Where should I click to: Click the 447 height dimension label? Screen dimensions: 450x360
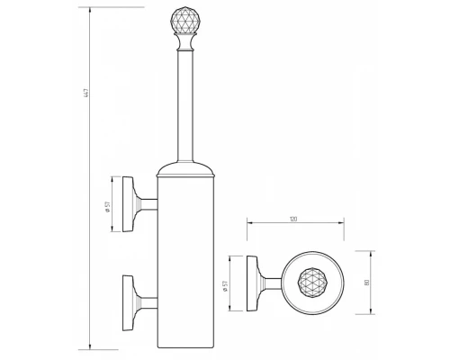tap(86, 93)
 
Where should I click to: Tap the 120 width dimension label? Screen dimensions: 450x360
tap(293, 219)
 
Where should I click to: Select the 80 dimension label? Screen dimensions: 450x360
tap(366, 283)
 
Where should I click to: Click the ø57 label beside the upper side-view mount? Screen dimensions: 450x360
tap(108, 207)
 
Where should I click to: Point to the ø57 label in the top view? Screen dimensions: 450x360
tap(226, 286)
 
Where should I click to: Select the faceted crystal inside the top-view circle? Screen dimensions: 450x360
tap(313, 283)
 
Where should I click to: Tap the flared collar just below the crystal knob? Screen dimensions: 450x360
tap(185, 42)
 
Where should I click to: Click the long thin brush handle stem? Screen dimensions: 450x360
tap(185, 106)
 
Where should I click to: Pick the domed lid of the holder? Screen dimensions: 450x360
tap(185, 169)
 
